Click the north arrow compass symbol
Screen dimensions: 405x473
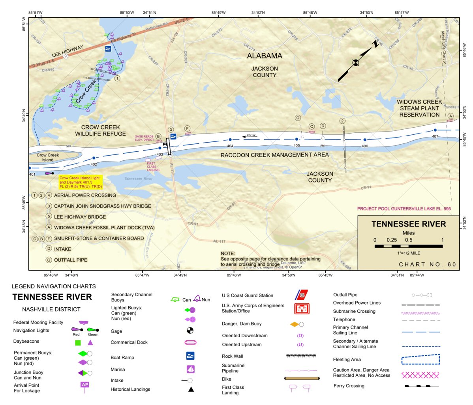pyautogui.click(x=356, y=62)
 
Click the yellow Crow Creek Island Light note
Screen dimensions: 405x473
pyautogui.click(x=81, y=182)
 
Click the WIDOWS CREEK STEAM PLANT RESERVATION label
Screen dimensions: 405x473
pyautogui.click(x=419, y=108)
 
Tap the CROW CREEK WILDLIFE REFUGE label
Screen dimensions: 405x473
pyautogui.click(x=100, y=130)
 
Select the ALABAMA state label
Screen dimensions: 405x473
pyautogui.click(x=265, y=56)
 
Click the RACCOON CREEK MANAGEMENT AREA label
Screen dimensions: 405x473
pyautogui.click(x=274, y=155)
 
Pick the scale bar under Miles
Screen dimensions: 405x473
pyautogui.click(x=408, y=246)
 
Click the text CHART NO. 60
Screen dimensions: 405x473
pyautogui.click(x=427, y=264)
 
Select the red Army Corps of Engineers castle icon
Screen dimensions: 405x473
pyautogui.click(x=302, y=308)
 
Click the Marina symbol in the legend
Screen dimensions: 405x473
pyautogui.click(x=191, y=369)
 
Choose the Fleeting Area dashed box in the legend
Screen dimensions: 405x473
pyautogui.click(x=420, y=359)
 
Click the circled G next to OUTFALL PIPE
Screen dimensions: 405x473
pyautogui.click(x=49, y=260)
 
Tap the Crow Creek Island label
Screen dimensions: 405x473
pyautogui.click(x=48, y=157)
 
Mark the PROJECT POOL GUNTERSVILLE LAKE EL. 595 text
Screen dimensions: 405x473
pyautogui.click(x=404, y=209)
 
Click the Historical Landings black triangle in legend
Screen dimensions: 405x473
pyautogui.click(x=191, y=390)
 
